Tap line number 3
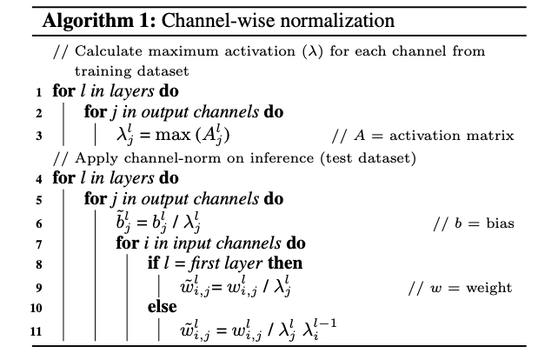click(x=39, y=136)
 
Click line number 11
click(x=36, y=331)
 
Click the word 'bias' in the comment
click(x=501, y=223)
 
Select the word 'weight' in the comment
click(x=489, y=288)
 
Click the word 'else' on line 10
click(x=163, y=307)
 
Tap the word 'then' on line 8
click(x=285, y=263)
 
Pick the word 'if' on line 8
click(x=153, y=263)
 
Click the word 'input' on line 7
click(x=191, y=244)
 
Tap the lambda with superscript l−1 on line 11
click(x=319, y=329)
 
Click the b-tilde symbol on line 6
click(x=123, y=221)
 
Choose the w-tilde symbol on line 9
click(x=195, y=285)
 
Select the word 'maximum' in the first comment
click(x=183, y=51)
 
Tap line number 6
click(x=39, y=223)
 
